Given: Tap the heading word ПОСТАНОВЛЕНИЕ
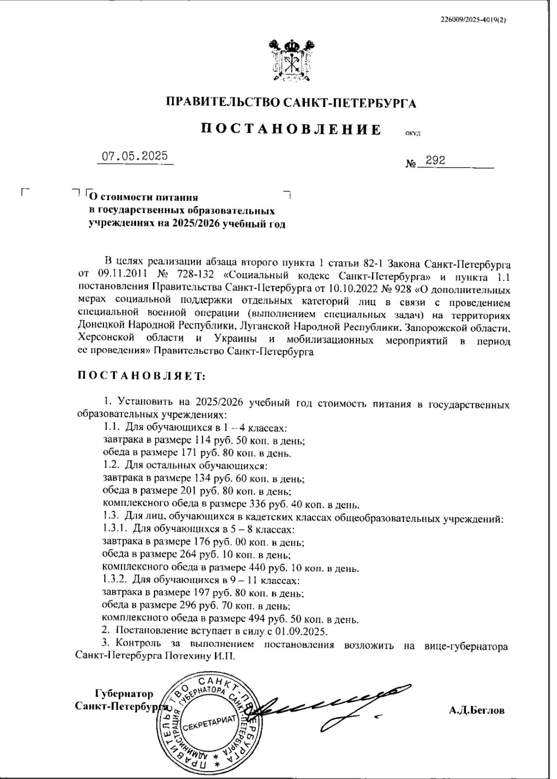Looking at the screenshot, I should pyautogui.click(x=291, y=129).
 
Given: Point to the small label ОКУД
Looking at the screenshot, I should pyautogui.click(x=412, y=132).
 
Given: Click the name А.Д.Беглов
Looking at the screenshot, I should pyautogui.click(x=477, y=711).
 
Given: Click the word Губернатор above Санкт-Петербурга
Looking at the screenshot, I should pyautogui.click(x=124, y=694).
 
